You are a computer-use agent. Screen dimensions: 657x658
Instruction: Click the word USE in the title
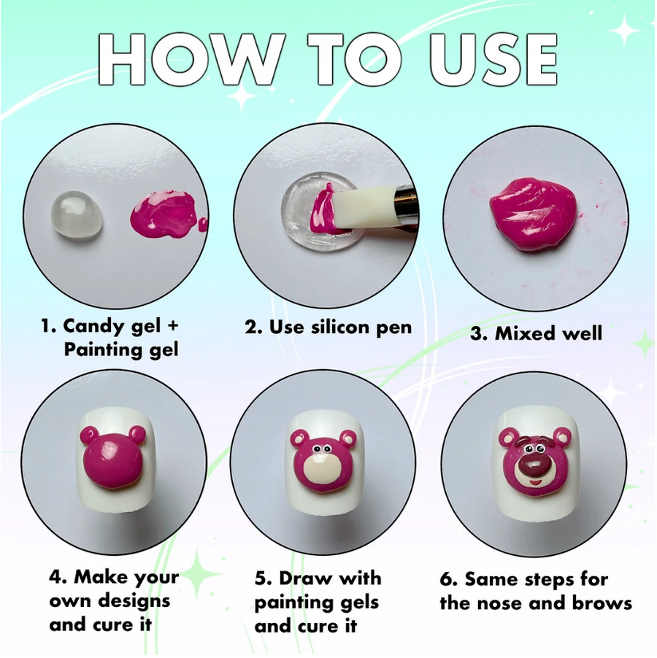(x=493, y=59)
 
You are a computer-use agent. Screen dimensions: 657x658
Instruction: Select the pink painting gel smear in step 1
(x=168, y=213)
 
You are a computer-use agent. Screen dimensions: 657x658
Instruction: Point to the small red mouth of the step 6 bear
(x=535, y=482)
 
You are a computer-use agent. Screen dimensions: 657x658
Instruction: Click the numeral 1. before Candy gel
(x=48, y=325)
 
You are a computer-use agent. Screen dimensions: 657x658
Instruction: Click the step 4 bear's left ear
(x=88, y=434)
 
